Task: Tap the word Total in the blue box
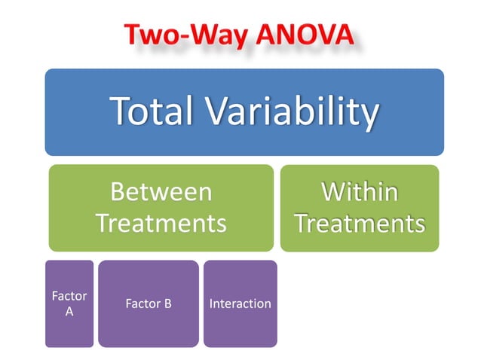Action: coord(155,111)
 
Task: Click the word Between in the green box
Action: coord(161,192)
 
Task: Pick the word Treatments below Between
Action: coord(161,223)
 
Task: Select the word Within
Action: coord(359,192)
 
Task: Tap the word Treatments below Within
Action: coord(359,224)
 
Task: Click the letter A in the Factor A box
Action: coord(69,311)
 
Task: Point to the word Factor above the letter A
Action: coord(69,296)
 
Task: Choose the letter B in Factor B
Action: coord(167,304)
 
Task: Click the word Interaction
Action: coord(240,304)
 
